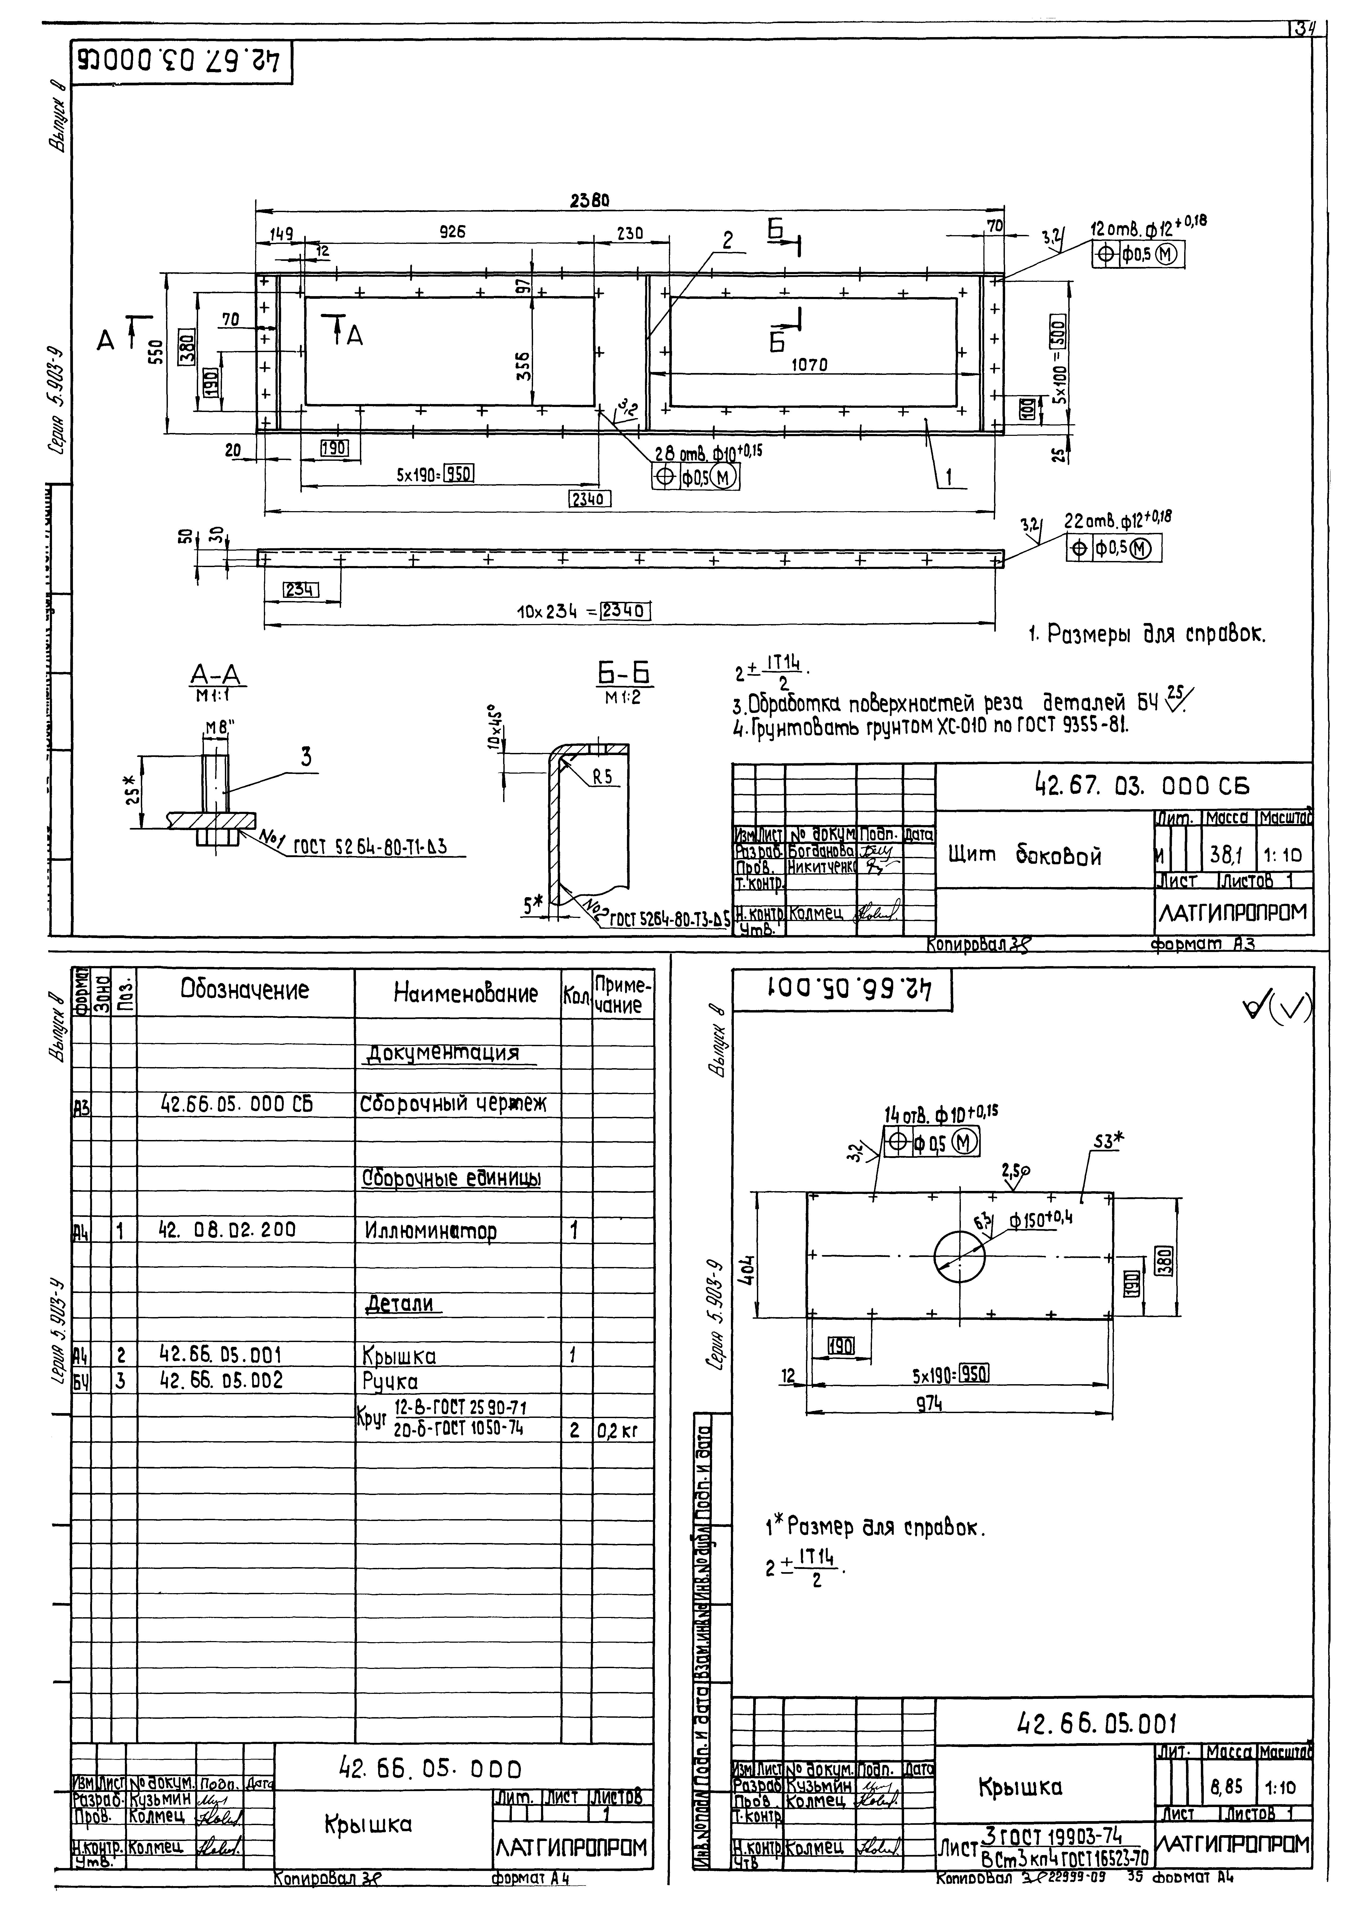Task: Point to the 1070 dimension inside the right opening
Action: coord(809,365)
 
